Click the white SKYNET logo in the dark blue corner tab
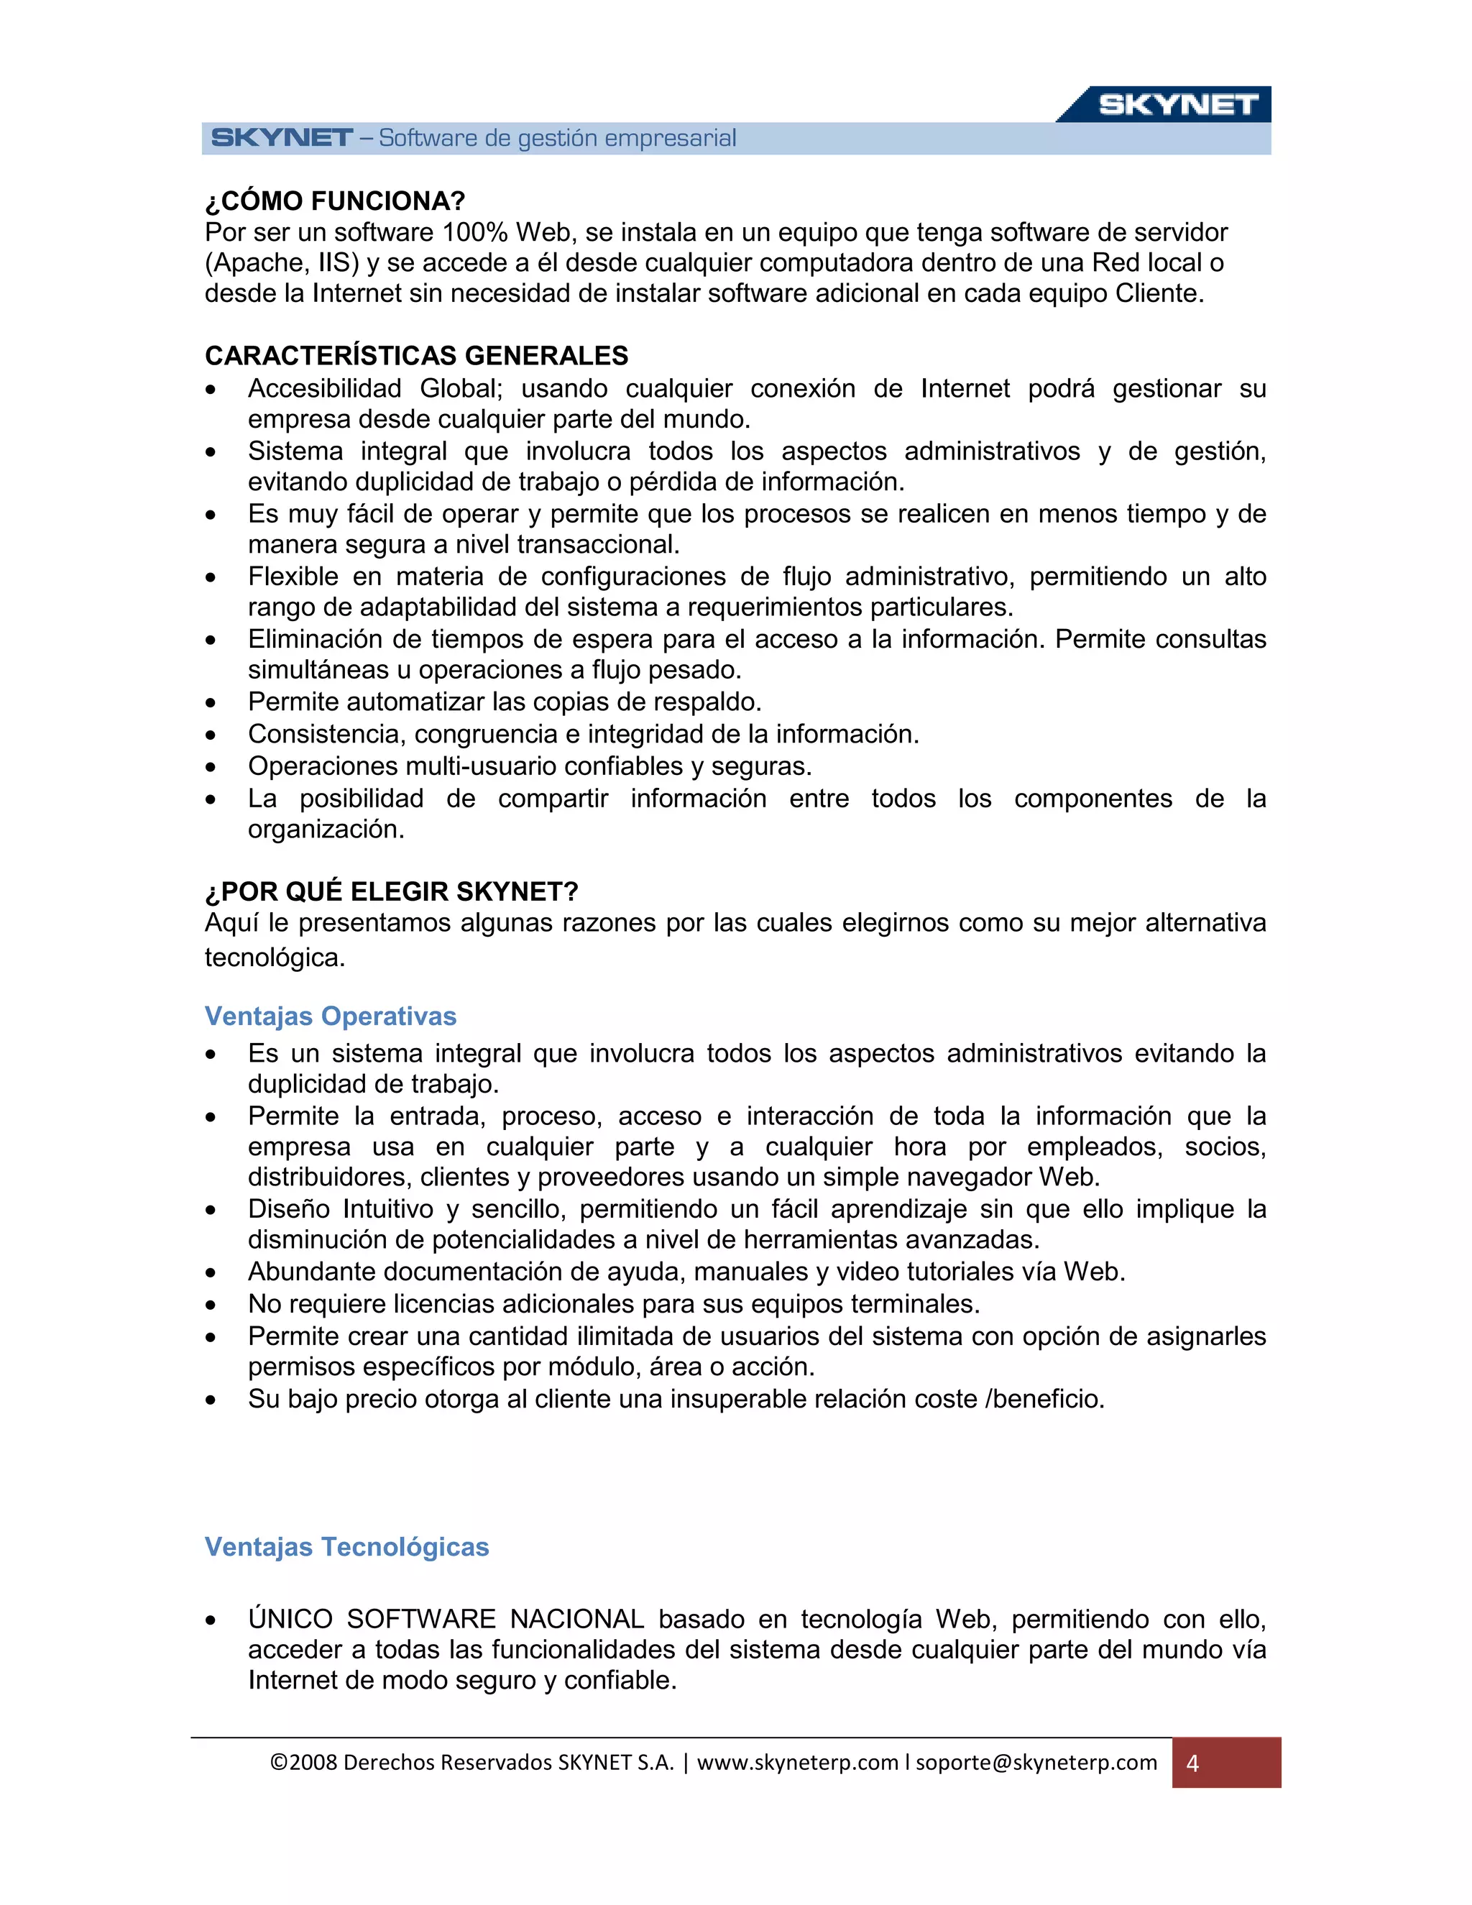(1177, 105)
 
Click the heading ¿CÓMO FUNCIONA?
(335, 201)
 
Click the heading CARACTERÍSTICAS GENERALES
(416, 356)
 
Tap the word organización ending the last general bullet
(326, 830)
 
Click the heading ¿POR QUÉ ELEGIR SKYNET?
(392, 892)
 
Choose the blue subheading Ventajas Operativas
(331, 1017)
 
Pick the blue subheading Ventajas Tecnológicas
(346, 1548)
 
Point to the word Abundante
(310, 1272)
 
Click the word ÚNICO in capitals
(290, 1620)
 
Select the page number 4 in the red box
(1192, 1763)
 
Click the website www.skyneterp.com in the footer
(797, 1763)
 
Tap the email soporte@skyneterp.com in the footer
(1036, 1763)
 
